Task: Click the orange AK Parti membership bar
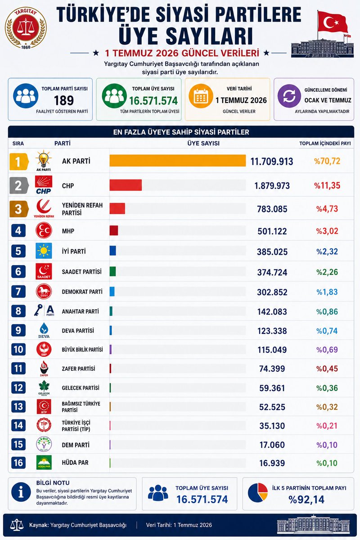point(178,161)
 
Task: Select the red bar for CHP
point(126,185)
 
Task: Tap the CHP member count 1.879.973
point(272,185)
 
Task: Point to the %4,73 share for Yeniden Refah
point(327,209)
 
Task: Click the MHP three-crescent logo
point(44,230)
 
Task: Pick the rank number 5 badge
point(18,251)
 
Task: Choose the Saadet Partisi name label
point(82,272)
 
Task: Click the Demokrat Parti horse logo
point(44,291)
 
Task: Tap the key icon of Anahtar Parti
point(38,310)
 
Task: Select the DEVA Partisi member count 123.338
point(272,331)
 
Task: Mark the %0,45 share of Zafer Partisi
point(327,369)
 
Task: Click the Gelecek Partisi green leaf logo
point(44,387)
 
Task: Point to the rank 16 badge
point(18,463)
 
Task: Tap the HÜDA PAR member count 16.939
point(272,463)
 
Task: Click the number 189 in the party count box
point(63,100)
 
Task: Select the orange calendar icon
point(201,96)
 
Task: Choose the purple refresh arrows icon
point(289,96)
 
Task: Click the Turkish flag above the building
point(333,22)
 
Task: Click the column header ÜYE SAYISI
point(203,143)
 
